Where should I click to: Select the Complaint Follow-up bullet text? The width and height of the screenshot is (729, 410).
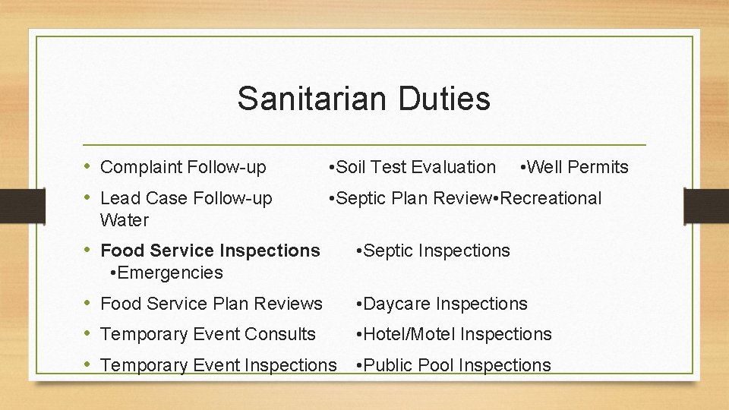click(183, 167)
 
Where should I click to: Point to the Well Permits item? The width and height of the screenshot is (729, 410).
click(578, 167)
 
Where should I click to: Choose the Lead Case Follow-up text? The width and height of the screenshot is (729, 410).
click(186, 199)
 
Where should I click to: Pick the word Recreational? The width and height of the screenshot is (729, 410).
click(551, 199)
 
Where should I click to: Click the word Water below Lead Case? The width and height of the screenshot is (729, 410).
click(125, 221)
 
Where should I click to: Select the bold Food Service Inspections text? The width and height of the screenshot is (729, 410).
click(210, 251)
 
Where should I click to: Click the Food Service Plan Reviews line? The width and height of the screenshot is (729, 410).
click(211, 304)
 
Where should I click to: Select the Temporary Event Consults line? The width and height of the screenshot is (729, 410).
click(208, 334)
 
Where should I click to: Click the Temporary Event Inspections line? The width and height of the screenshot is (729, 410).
click(218, 365)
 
